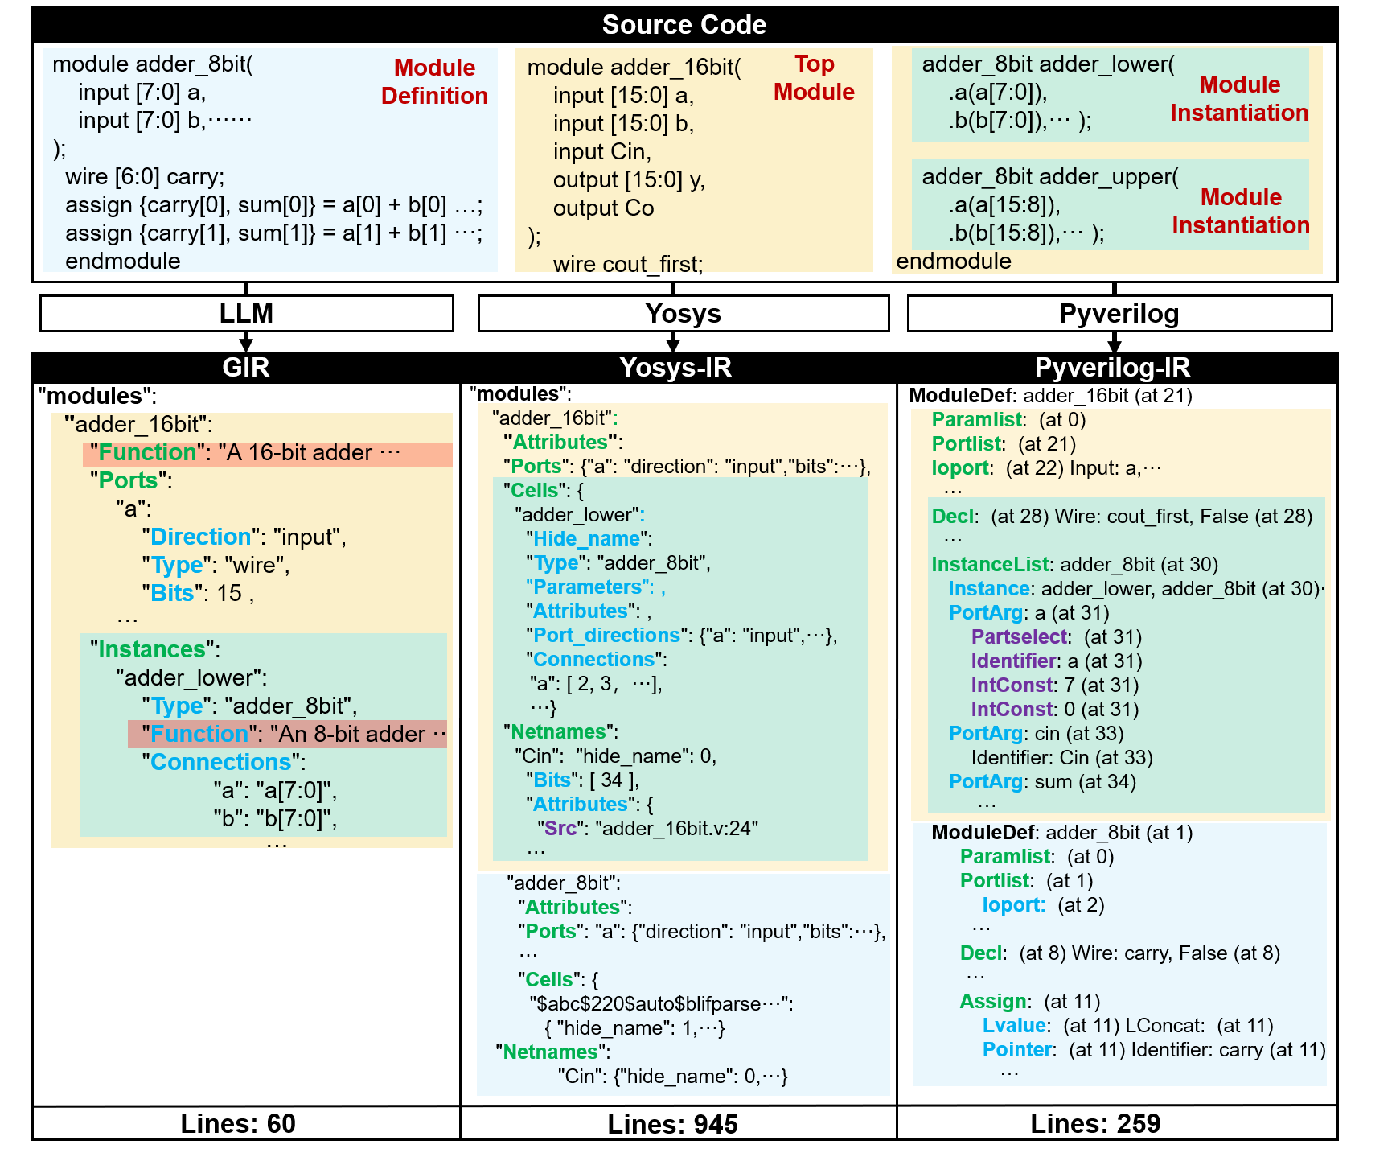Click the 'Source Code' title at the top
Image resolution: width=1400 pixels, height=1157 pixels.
(684, 25)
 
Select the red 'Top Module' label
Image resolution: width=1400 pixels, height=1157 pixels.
(814, 78)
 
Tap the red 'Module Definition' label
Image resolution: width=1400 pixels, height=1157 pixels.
(434, 82)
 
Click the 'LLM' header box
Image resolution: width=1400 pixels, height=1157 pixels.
(246, 314)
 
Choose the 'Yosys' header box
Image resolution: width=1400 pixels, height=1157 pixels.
(683, 314)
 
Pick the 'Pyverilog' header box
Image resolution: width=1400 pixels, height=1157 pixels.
(1119, 314)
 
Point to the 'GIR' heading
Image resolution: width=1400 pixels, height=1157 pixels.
(245, 368)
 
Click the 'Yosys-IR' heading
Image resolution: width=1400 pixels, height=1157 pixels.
(675, 368)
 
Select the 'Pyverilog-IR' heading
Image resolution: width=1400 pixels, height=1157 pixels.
(1112, 368)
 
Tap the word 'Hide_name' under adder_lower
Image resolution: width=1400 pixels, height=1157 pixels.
(587, 539)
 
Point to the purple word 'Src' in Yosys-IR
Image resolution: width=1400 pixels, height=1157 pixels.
(560, 829)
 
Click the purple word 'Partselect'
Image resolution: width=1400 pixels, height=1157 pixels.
(1020, 637)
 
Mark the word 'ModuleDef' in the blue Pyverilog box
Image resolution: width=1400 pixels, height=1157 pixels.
(985, 833)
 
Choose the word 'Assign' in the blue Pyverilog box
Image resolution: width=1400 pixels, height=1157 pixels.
(993, 1002)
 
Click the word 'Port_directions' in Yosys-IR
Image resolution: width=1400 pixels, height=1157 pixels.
(606, 636)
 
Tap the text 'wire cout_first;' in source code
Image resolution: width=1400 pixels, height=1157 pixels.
(627, 265)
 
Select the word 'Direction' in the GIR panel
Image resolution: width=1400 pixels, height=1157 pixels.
(201, 537)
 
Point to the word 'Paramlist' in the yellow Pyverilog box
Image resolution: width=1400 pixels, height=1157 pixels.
(977, 420)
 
